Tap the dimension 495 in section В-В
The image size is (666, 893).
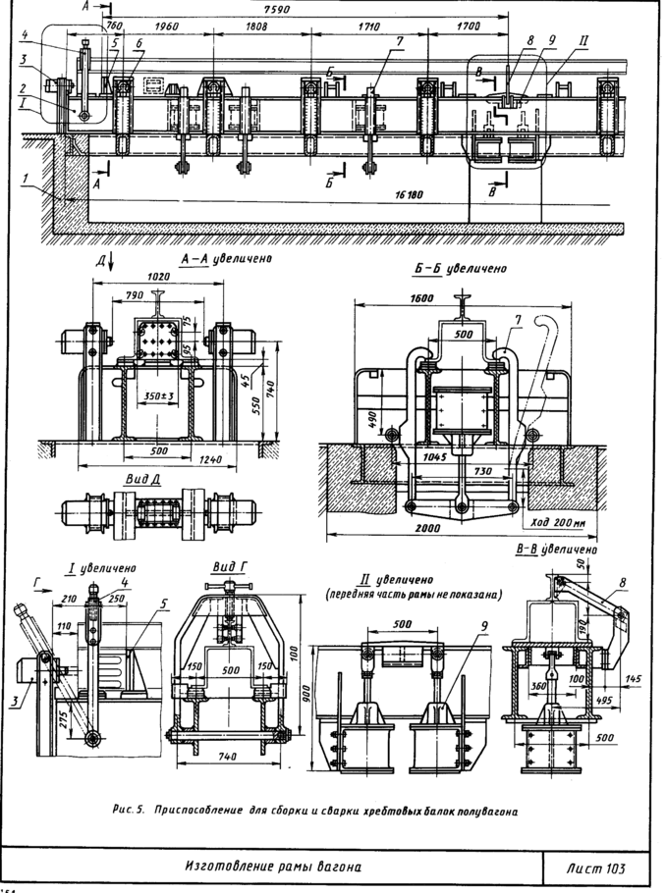click(607, 700)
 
